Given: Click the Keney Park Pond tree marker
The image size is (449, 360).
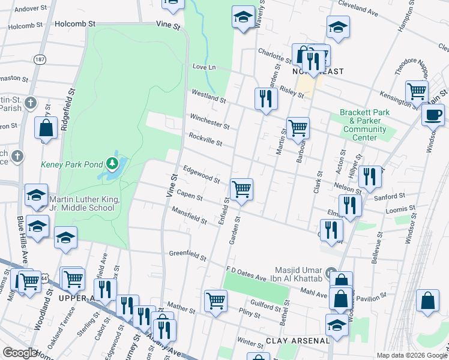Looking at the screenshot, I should coord(112,163).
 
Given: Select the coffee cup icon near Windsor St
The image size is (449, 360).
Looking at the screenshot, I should coord(432,114).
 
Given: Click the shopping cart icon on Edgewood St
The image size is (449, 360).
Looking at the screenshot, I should coord(241,189).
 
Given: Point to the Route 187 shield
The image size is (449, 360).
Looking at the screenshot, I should coord(40,60).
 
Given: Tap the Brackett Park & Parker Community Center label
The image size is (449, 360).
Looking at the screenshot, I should coord(365,125).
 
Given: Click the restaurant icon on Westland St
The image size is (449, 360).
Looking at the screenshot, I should coord(265,98).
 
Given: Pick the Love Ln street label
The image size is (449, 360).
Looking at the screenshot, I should coord(203,67).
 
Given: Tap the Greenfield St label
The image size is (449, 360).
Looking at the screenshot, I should coord(187,256).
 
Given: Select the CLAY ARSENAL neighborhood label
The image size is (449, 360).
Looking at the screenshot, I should coord(298,341).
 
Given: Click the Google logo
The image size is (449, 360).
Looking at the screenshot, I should coord(20,353).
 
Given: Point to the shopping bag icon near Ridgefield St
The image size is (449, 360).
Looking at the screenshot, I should coord(46,127).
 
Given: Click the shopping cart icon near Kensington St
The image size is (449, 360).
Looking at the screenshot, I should coord(416,91).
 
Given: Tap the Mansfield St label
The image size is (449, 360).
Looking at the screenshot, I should coord(189,216).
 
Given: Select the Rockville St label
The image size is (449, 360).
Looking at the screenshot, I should coord(205,139).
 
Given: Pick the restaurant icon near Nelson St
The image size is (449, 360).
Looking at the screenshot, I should coord(370,176).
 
